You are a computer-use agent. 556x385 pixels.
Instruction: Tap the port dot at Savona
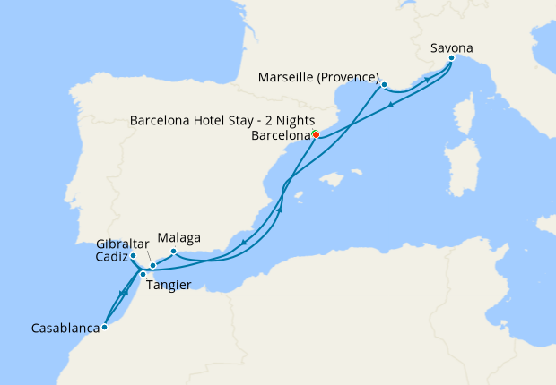click(x=451, y=59)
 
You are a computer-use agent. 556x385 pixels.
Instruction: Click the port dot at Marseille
click(x=384, y=86)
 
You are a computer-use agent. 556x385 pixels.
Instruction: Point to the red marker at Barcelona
click(x=316, y=135)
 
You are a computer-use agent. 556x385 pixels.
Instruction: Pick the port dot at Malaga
click(x=173, y=252)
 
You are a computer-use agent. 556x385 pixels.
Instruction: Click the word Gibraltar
click(x=122, y=243)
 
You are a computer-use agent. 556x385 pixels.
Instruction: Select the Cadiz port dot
click(x=133, y=256)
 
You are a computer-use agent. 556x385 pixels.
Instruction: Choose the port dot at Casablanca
click(x=105, y=327)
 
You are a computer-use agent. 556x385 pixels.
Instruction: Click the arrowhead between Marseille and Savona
click(x=427, y=80)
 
